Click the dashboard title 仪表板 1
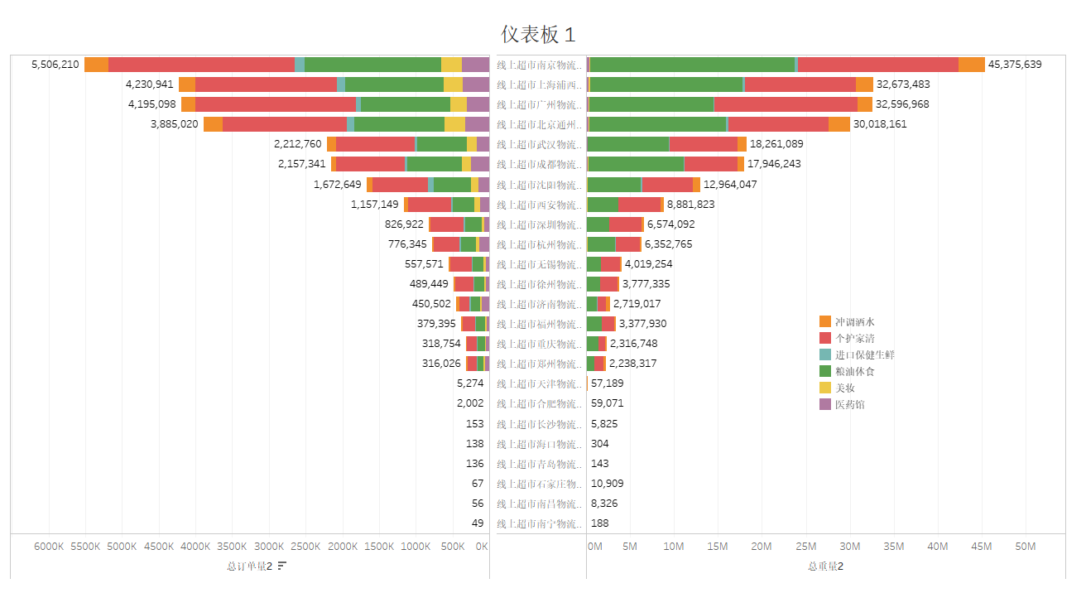click(537, 34)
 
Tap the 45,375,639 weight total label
click(1014, 65)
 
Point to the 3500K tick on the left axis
click(233, 547)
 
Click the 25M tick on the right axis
click(805, 547)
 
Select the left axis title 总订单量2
click(249, 566)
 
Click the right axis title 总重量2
click(825, 566)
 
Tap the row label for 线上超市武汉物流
click(539, 144)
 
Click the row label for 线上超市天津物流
click(539, 383)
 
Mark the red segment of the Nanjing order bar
click(201, 65)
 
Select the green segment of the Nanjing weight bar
click(692, 65)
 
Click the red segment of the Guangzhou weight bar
click(785, 104)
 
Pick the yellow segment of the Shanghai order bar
click(453, 84)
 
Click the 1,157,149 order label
click(374, 204)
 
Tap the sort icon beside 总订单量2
click(282, 566)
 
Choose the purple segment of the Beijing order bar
click(477, 124)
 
